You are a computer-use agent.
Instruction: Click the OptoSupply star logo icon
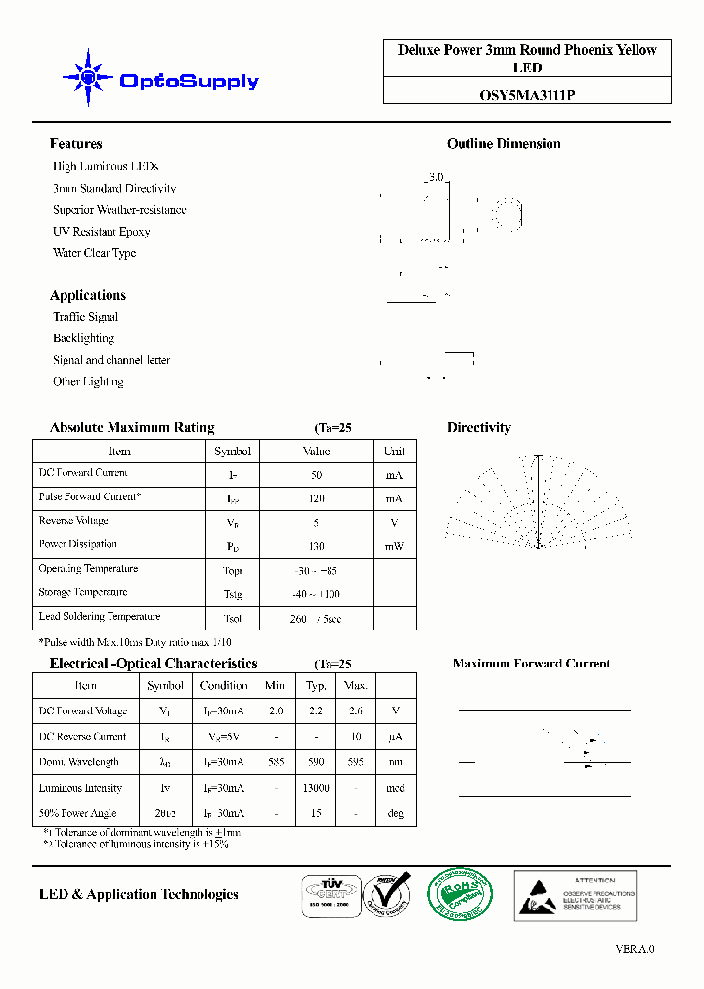pos(88,77)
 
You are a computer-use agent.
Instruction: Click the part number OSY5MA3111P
pos(527,94)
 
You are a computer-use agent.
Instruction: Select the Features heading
pos(76,144)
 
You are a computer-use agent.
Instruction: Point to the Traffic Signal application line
pos(85,317)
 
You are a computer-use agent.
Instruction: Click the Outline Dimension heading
pos(504,144)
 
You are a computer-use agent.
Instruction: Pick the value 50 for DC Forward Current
pos(316,475)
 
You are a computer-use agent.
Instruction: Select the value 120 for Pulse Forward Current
pos(316,498)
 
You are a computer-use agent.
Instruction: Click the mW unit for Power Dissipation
pos(394,546)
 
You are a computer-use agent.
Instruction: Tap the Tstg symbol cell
pos(233,594)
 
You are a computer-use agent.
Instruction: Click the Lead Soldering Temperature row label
pos(99,617)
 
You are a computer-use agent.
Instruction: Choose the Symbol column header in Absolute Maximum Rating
pos(233,451)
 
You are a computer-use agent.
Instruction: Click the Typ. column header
pos(316,685)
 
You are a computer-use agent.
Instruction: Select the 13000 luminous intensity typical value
pos(316,788)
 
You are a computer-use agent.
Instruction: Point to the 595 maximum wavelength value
pos(356,762)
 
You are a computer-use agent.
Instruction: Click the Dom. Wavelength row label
pos(78,762)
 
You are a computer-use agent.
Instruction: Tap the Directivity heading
pos(478,428)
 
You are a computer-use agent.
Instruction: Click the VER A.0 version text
pos(635,949)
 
